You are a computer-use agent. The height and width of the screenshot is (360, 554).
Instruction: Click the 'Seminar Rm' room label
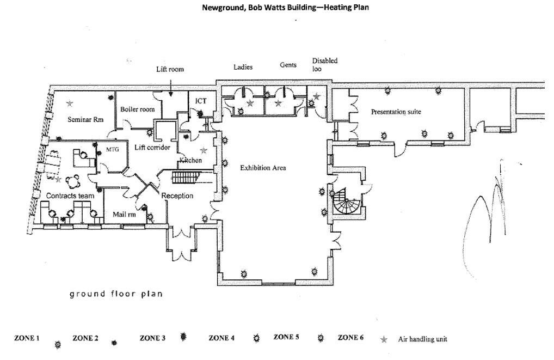(85, 119)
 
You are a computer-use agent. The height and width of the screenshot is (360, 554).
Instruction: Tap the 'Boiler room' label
(137, 109)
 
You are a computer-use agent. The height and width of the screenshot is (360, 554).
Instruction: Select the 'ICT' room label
(201, 101)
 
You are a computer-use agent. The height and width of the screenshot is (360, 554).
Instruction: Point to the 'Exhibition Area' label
(263, 168)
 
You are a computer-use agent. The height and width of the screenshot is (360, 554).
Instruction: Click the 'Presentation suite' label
(396, 112)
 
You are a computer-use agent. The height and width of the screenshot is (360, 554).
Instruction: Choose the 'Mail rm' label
(124, 215)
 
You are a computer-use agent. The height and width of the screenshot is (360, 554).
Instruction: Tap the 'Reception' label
(177, 196)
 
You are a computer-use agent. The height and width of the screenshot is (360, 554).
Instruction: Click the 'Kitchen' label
(190, 161)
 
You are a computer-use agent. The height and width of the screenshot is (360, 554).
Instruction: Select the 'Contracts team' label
(70, 196)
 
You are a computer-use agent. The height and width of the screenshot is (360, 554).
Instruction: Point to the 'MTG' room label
(112, 149)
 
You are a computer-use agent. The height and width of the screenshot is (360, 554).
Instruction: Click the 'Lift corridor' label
(152, 148)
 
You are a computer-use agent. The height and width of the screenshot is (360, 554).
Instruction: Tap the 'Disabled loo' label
(324, 65)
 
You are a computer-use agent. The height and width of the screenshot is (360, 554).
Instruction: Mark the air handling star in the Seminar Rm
(70, 103)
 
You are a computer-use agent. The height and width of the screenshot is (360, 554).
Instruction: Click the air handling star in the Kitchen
(204, 150)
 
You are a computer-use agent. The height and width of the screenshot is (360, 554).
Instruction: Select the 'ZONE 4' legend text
(221, 338)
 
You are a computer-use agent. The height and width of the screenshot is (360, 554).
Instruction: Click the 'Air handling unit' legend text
(422, 339)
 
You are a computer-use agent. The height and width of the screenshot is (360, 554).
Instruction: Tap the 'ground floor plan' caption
(116, 294)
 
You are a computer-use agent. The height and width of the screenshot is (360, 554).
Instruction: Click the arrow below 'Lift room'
(170, 87)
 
